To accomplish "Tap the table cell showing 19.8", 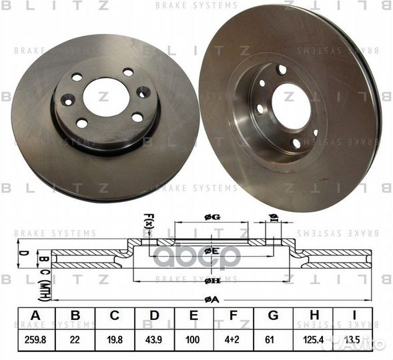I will [x=115, y=340].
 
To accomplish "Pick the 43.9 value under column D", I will [x=155, y=340].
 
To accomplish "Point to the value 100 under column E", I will [x=193, y=340].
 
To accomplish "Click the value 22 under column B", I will [x=75, y=340].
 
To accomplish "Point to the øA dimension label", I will [x=211, y=299].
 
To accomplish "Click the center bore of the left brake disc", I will [x=106, y=97].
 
